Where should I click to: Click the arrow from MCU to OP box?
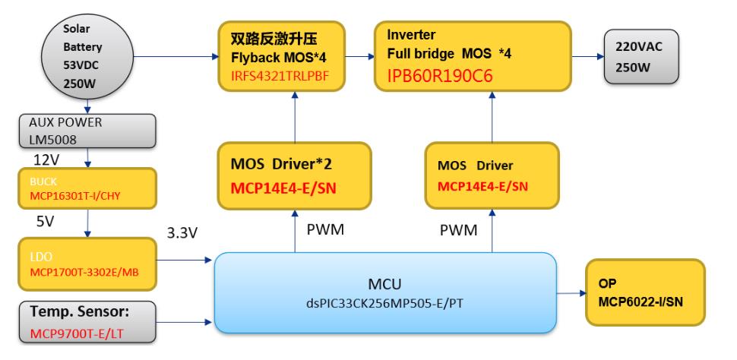(571, 292)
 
